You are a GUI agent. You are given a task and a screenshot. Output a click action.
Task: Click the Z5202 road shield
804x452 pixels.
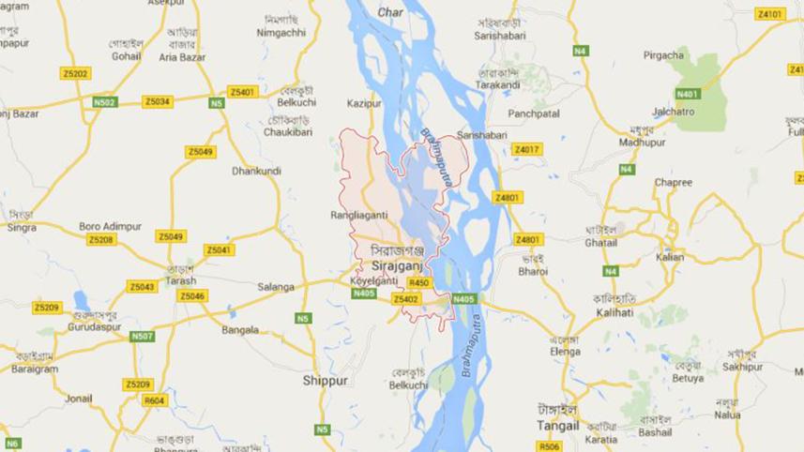(x=75, y=73)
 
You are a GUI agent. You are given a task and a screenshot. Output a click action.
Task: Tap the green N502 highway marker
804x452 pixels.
(x=105, y=101)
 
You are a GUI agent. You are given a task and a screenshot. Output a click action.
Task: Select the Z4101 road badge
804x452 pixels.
(x=769, y=14)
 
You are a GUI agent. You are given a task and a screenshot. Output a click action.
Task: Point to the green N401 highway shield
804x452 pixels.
(x=688, y=94)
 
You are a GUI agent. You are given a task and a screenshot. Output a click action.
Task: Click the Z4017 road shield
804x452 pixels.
(x=526, y=149)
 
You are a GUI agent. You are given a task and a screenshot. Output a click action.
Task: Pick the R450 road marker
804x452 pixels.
(x=419, y=282)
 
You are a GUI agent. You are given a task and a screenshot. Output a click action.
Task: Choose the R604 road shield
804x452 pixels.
(x=154, y=400)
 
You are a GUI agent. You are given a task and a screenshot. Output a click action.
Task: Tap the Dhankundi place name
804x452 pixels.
(x=256, y=172)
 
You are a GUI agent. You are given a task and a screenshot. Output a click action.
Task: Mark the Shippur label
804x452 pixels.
(x=326, y=381)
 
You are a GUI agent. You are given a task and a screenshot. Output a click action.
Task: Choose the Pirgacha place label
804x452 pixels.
(x=663, y=55)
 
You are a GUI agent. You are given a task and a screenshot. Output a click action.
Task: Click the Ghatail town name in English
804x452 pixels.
(x=601, y=242)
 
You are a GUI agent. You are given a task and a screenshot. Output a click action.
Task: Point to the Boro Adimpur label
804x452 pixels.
(x=104, y=226)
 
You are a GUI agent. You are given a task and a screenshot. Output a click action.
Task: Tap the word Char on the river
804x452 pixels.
(x=390, y=12)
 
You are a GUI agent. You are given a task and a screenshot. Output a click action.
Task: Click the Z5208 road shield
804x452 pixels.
(x=101, y=240)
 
